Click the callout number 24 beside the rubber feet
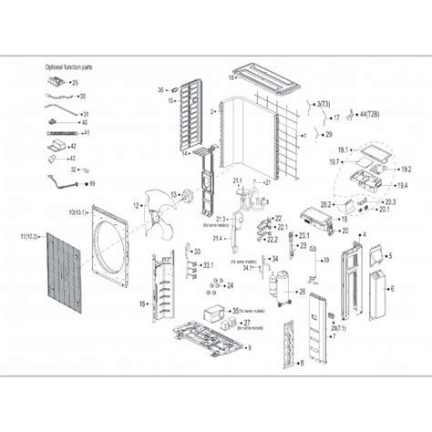pyautogui.click(x=230, y=285)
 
